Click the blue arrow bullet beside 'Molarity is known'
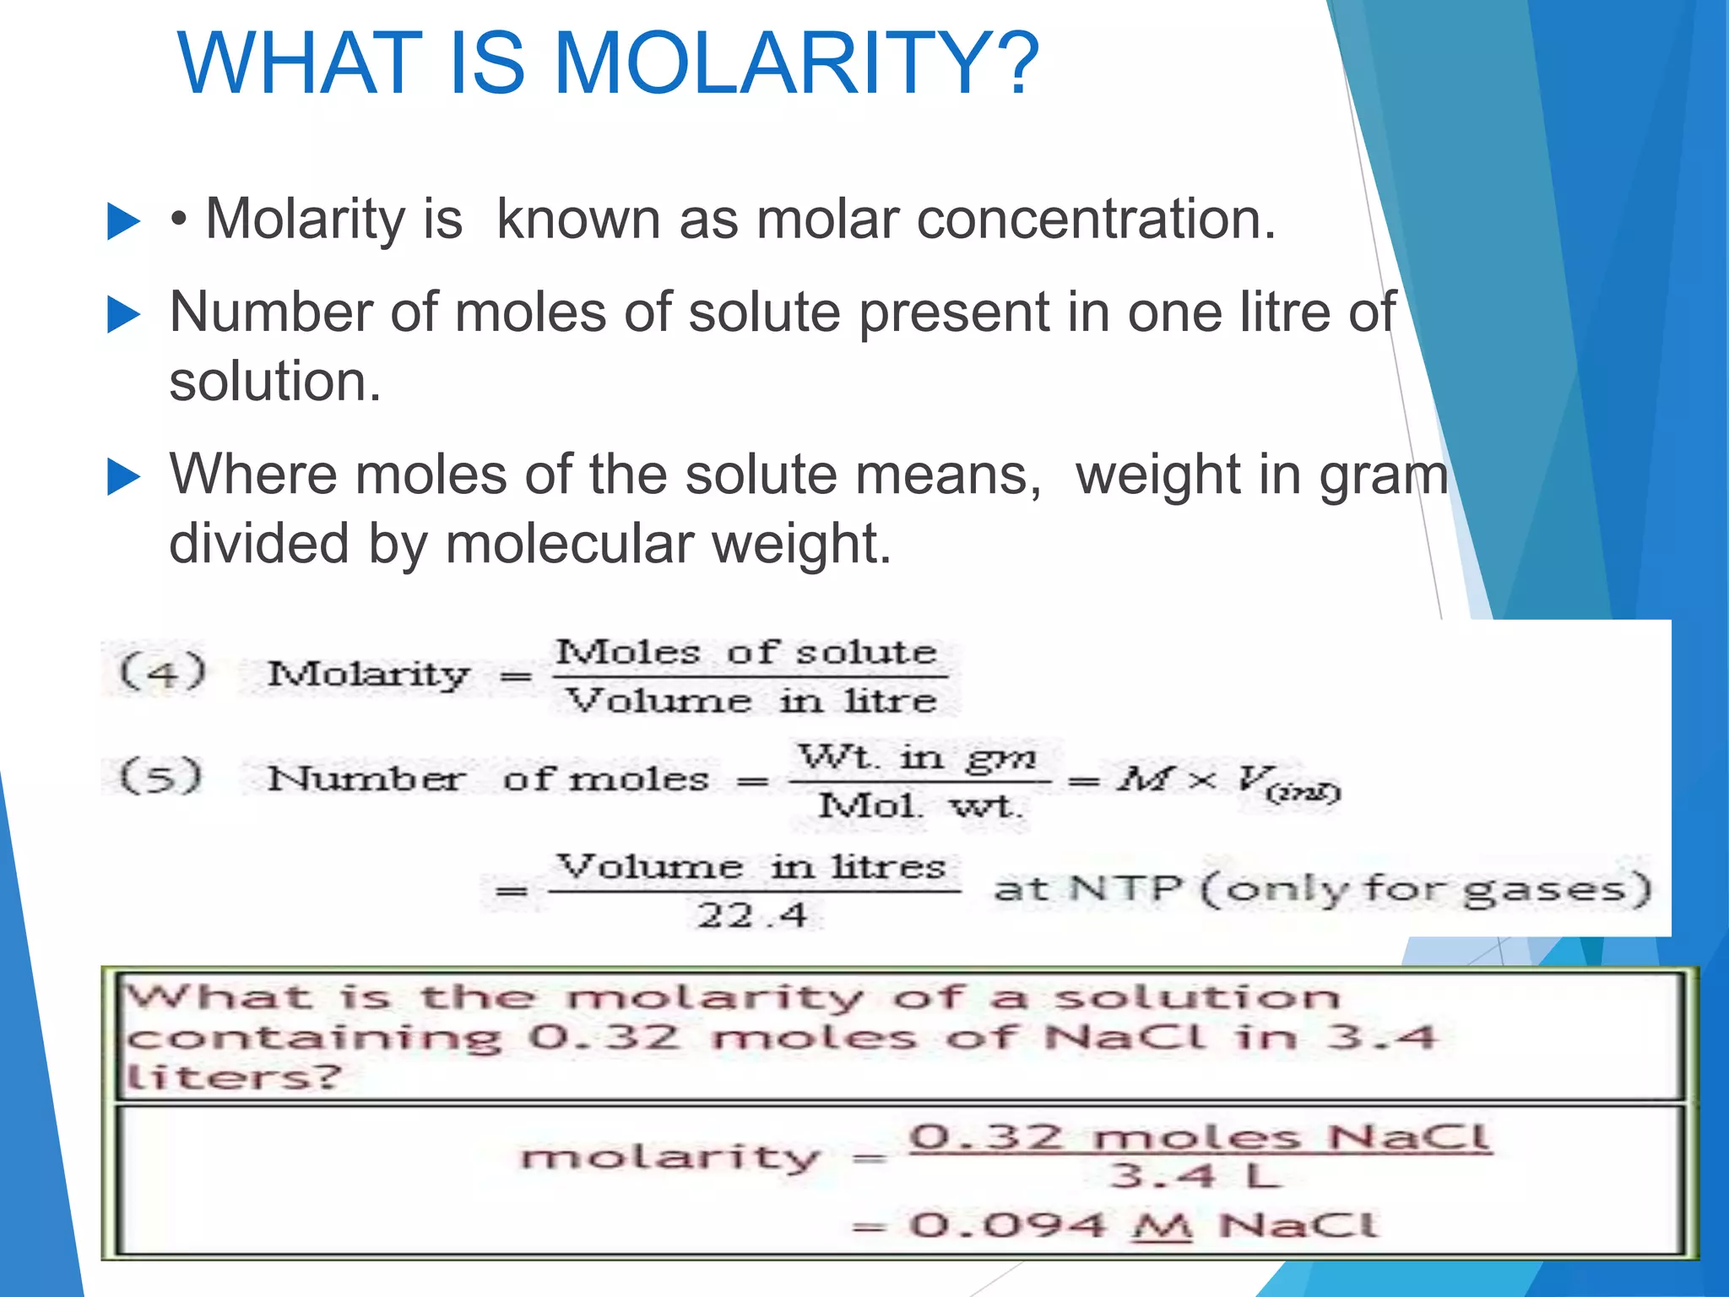[124, 222]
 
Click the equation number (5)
[161, 776]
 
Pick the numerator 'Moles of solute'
[746, 653]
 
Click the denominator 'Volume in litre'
[751, 701]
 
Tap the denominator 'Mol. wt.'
[920, 806]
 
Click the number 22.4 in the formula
[752, 915]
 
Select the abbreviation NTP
[1125, 888]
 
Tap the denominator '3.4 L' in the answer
[1195, 1175]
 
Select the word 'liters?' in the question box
[233, 1077]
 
